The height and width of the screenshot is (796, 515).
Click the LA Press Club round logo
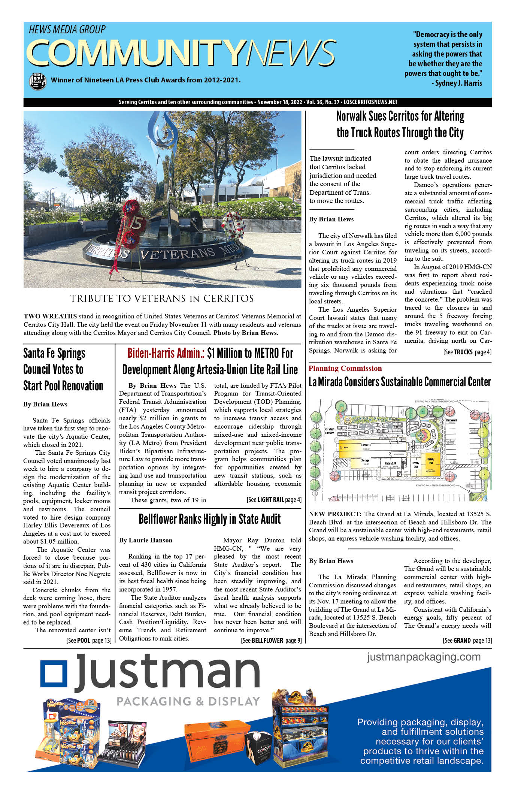tap(37, 81)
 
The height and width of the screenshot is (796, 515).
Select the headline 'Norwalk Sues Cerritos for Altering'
tap(400, 116)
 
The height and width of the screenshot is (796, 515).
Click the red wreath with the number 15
tap(132, 226)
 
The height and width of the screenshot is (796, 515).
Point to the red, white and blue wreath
tap(233, 226)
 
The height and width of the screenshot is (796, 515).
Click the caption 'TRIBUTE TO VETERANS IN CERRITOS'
tap(162, 299)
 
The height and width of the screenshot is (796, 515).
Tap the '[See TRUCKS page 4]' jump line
tap(467, 352)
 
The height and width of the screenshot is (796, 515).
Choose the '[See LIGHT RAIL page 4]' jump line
tap(274, 499)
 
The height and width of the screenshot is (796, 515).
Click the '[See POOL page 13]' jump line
tap(89, 640)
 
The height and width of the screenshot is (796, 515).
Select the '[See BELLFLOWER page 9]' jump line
tap(271, 640)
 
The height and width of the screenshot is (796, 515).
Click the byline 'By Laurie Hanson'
tap(146, 540)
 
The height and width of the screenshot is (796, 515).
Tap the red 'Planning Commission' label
tap(345, 368)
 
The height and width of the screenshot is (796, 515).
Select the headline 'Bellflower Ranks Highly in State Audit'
tap(209, 519)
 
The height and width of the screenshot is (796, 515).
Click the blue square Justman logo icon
tap(54, 678)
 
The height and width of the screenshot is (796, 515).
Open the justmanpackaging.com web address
tap(424, 657)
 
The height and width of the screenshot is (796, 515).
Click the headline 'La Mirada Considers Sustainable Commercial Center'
tap(400, 382)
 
